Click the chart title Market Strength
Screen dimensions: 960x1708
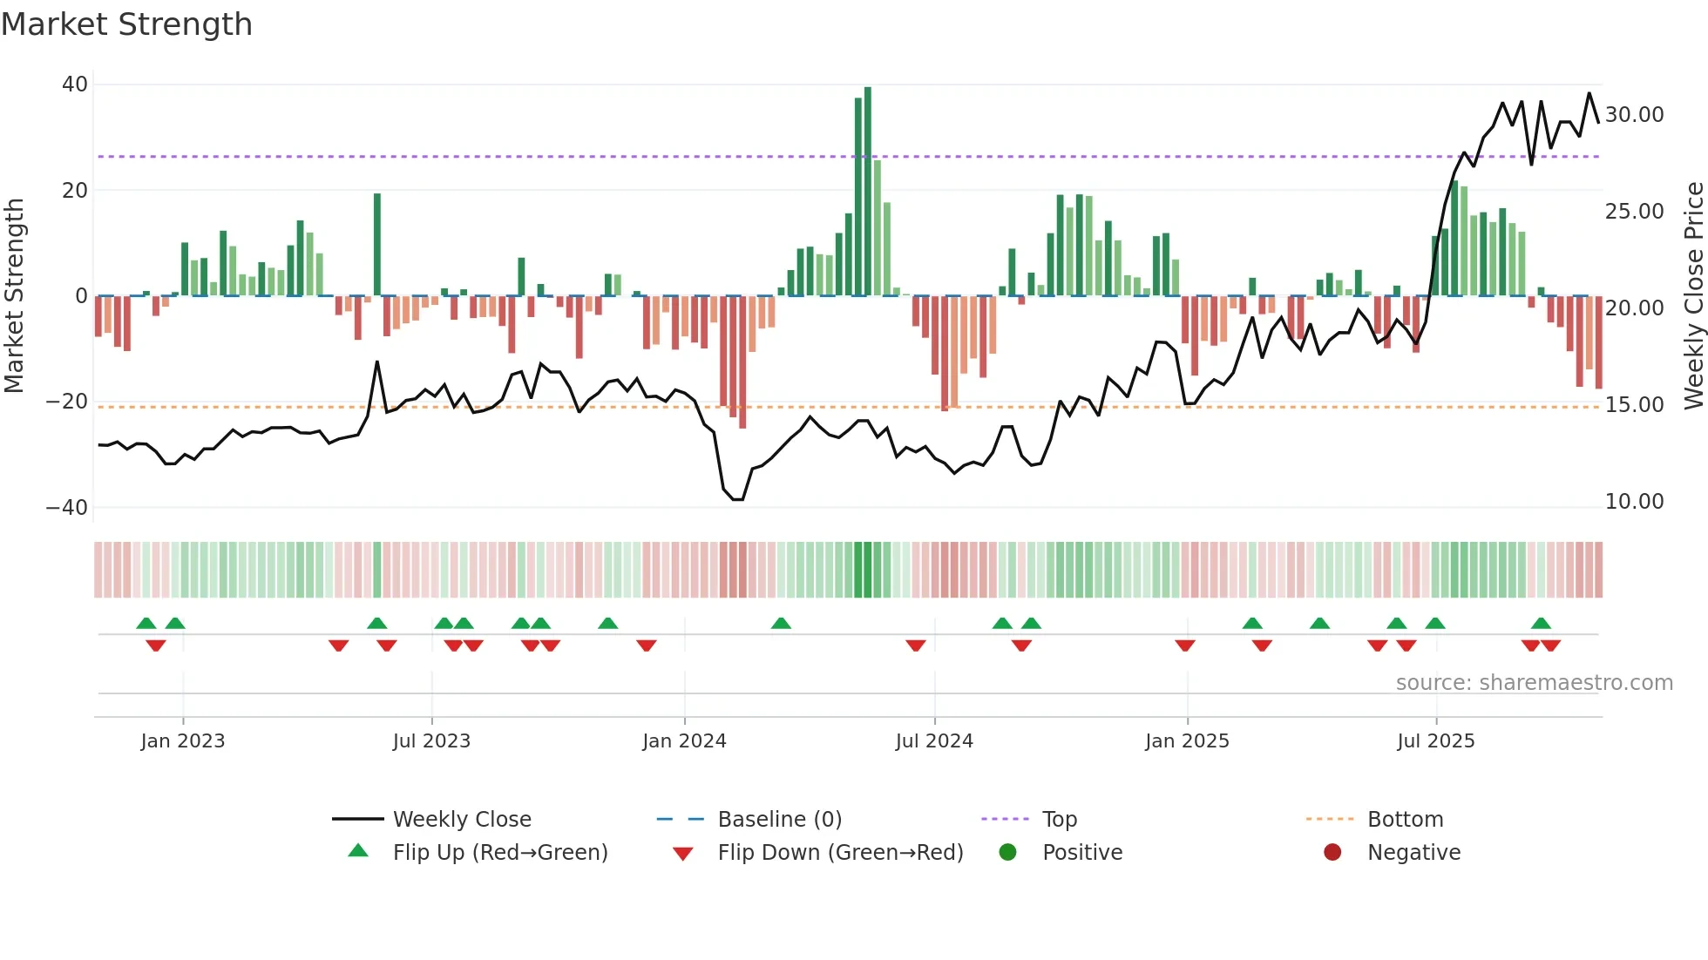click(127, 24)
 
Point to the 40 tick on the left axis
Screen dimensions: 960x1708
click(75, 85)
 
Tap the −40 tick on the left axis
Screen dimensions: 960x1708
click(67, 507)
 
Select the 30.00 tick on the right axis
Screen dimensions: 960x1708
click(1634, 115)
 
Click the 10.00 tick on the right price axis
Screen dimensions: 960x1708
click(1634, 502)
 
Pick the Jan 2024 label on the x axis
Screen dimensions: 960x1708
click(684, 741)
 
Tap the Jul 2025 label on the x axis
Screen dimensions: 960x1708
click(1435, 741)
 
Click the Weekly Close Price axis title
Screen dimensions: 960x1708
click(1693, 296)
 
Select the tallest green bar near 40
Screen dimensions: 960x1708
click(868, 192)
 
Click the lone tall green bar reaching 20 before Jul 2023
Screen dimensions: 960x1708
click(377, 244)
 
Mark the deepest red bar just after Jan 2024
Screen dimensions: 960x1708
click(742, 362)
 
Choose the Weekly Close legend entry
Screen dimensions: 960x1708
click(462, 820)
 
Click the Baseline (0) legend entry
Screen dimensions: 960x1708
click(779, 820)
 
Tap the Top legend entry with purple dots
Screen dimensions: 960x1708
click(1059, 820)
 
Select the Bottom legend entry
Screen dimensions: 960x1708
click(1405, 820)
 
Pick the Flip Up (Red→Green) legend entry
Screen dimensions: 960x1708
click(499, 853)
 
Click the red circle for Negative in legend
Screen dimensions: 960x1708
click(1332, 853)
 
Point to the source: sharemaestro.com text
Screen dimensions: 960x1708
click(1534, 683)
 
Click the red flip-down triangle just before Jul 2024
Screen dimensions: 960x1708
click(915, 646)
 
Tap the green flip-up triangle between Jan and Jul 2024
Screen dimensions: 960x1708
click(781, 623)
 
